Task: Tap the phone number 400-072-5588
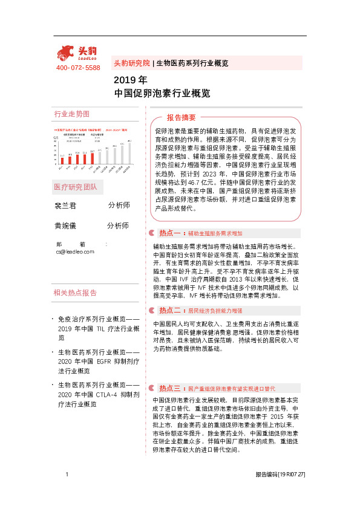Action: tap(77, 68)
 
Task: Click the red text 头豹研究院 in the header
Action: tap(131, 63)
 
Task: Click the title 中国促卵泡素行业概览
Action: tap(162, 94)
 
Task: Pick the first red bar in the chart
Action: tap(62, 160)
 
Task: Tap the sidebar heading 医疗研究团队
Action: tap(75, 187)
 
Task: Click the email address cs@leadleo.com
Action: tap(75, 251)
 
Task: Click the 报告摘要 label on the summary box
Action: tap(181, 117)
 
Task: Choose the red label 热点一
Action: tap(169, 233)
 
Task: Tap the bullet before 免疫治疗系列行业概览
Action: tap(53, 319)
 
